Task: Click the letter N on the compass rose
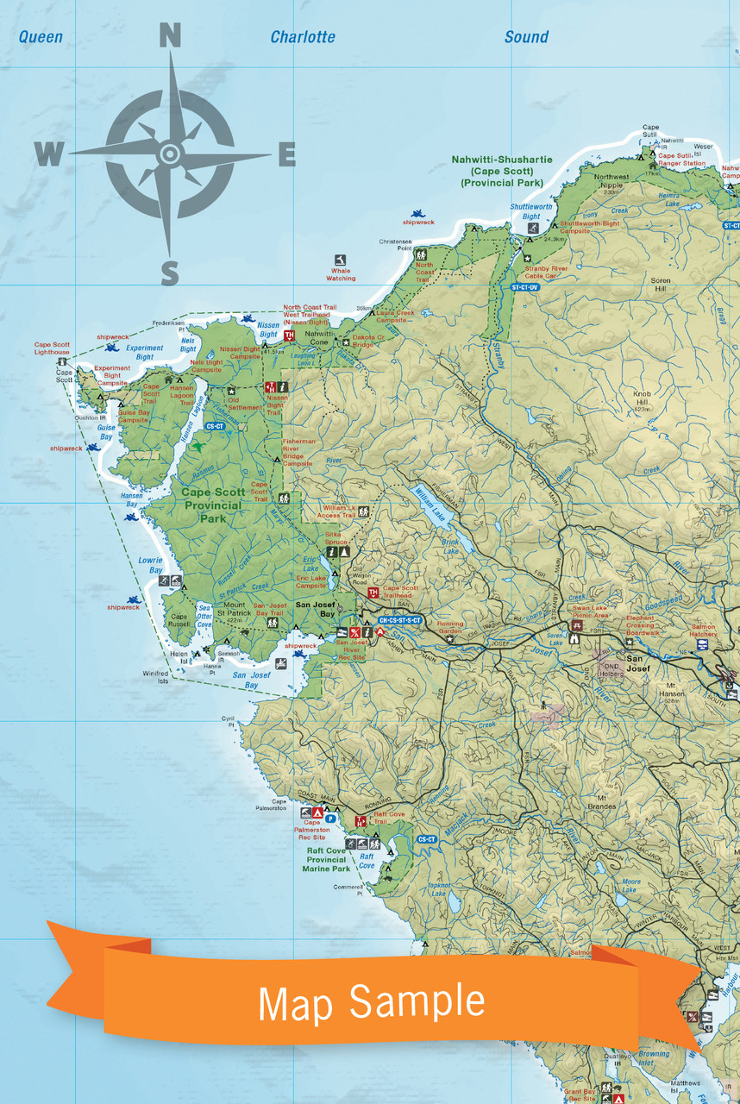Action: click(x=170, y=36)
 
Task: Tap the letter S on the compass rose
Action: click(x=170, y=273)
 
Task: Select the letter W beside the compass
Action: click(x=49, y=154)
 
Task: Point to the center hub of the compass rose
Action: click(x=170, y=154)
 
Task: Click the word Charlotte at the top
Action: click(x=303, y=37)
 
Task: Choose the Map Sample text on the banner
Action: click(x=371, y=1001)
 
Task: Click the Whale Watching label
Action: click(x=341, y=275)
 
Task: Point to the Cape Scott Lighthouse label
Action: click(x=52, y=348)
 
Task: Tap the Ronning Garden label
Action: click(x=449, y=627)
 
